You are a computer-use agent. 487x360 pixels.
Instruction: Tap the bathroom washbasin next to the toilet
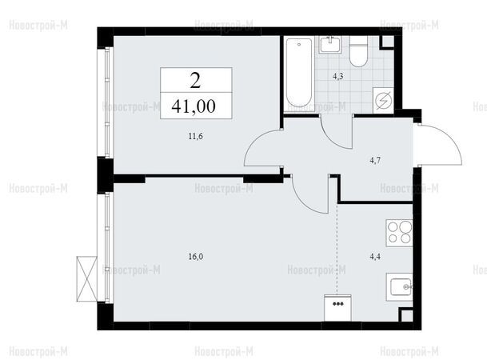click(330, 45)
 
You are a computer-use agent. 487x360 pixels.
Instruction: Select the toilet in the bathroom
click(358, 51)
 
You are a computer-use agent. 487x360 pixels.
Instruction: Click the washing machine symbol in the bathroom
click(383, 101)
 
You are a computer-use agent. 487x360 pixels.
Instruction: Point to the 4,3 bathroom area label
click(338, 77)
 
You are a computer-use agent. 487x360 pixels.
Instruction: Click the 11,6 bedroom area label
click(196, 136)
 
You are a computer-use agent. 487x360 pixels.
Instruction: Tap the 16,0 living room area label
click(196, 257)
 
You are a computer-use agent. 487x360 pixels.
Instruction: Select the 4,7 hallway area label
click(375, 161)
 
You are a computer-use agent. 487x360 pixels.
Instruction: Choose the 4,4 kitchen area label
click(375, 257)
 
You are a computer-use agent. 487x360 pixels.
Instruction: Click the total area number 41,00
click(194, 106)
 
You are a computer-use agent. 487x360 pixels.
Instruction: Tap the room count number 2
click(195, 82)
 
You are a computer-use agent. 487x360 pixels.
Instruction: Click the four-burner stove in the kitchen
click(399, 234)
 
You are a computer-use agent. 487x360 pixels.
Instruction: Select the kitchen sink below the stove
click(399, 287)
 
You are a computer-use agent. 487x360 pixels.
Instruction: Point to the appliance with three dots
click(337, 308)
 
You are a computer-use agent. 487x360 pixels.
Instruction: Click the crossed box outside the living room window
click(87, 279)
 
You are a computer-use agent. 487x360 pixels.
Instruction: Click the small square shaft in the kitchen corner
click(405, 315)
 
